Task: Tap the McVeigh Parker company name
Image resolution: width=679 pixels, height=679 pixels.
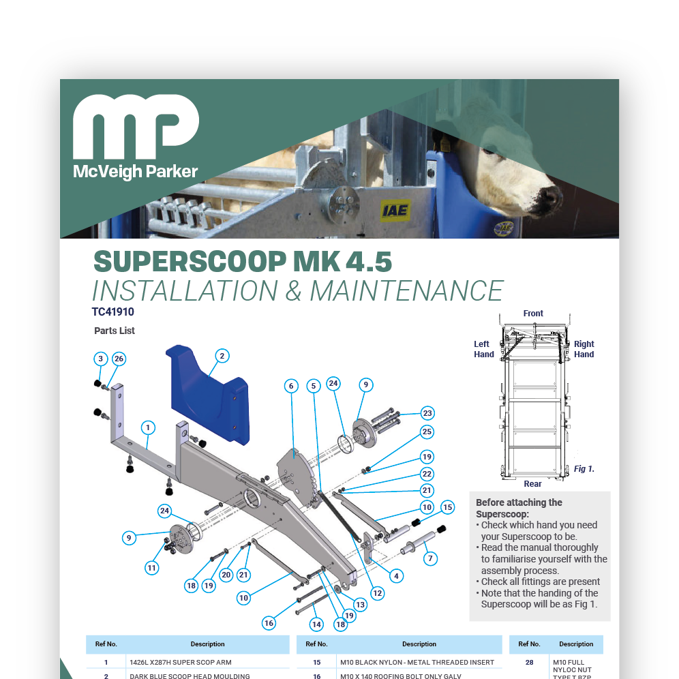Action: [x=135, y=171]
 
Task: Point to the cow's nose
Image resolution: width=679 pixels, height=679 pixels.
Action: [x=548, y=198]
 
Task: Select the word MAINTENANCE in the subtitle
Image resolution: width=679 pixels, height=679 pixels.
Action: [x=406, y=290]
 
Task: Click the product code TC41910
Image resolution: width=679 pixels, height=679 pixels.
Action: [x=113, y=312]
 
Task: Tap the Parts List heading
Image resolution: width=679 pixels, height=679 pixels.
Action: [x=115, y=331]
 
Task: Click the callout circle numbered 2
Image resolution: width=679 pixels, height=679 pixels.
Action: [x=222, y=355]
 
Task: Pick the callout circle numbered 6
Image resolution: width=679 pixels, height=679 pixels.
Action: [x=291, y=386]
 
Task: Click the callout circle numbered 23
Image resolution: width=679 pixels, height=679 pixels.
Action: [x=427, y=413]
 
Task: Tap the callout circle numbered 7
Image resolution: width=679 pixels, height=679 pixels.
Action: [x=429, y=558]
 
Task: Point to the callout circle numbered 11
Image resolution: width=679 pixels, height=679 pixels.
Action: [x=151, y=567]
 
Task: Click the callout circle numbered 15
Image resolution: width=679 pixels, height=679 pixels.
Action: [x=447, y=507]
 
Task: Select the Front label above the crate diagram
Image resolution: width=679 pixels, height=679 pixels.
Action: [x=533, y=314]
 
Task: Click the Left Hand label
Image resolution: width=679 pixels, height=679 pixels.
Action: [x=484, y=349]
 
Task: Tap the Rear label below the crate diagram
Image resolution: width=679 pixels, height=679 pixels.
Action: [x=533, y=484]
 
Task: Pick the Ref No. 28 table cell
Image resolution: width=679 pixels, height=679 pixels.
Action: [x=529, y=662]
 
